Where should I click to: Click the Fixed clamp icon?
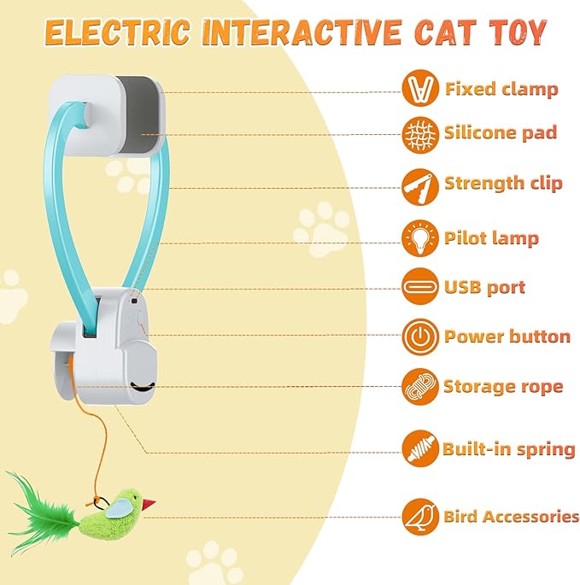point(420,89)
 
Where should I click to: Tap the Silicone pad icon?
point(420,133)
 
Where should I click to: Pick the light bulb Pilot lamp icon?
point(420,237)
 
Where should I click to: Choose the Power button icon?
point(420,336)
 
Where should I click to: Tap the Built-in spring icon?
point(420,448)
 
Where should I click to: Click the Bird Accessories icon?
point(420,516)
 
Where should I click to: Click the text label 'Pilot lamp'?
point(491,237)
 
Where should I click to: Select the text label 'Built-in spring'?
point(508,449)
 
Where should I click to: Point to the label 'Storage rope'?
point(502,386)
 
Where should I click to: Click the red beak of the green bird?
point(149,504)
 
